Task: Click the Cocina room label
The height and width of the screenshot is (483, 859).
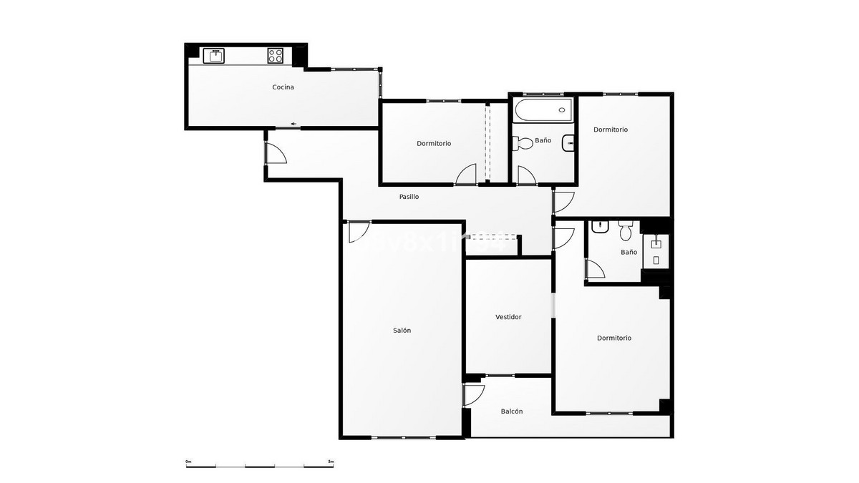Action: tap(283, 87)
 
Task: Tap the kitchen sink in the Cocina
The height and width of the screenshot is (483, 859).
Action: tap(214, 55)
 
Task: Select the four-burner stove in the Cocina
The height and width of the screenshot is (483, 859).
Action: tap(276, 55)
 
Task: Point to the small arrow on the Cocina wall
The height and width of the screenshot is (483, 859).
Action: tap(293, 125)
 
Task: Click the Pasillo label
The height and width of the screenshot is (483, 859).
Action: tap(409, 197)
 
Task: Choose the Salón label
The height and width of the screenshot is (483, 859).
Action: tap(402, 331)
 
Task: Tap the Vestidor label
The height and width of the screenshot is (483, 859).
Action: tap(508, 317)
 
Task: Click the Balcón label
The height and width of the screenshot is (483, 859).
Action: tap(512, 411)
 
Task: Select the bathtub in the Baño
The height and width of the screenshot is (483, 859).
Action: tap(542, 110)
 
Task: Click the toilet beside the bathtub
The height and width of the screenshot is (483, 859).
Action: tap(523, 143)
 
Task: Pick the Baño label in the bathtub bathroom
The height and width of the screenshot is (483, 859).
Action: tap(543, 140)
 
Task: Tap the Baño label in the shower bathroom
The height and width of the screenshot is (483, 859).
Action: tap(629, 253)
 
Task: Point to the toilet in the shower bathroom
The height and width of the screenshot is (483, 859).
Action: tap(625, 230)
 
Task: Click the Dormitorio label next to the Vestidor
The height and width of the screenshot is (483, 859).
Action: tap(614, 338)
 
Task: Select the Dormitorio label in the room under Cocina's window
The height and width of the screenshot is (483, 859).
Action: tap(434, 143)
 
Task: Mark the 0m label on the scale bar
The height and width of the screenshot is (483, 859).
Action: tap(188, 462)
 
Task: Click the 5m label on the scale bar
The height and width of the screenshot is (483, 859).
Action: tap(330, 462)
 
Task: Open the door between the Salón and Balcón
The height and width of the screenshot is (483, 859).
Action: tap(472, 395)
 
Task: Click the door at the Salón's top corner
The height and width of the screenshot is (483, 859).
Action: tap(358, 231)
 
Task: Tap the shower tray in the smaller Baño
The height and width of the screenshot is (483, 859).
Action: tap(655, 251)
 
